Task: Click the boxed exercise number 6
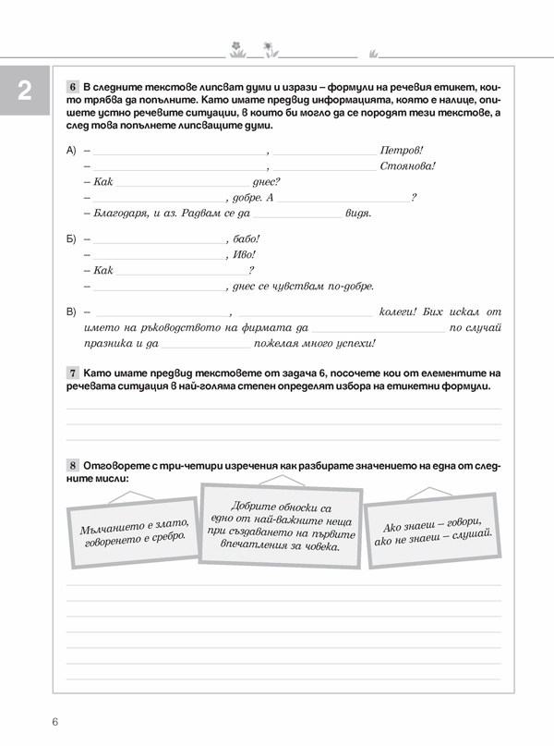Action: (73, 87)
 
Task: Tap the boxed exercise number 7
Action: (73, 372)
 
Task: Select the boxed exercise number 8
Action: (73, 462)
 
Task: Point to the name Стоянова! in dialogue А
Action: (407, 166)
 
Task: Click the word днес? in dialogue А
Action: (266, 182)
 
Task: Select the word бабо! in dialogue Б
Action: (247, 238)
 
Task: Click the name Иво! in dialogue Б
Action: (244, 254)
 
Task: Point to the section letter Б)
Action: (72, 238)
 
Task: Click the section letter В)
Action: (72, 312)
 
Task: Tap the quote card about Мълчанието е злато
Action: (134, 529)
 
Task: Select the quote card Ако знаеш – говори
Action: (434, 531)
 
